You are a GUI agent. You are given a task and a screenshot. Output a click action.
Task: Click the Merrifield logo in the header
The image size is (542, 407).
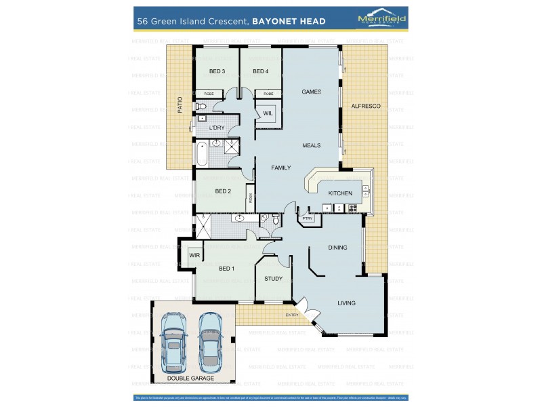[x=381, y=20]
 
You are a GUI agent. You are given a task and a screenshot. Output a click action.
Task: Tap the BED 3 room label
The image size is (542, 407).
[x=217, y=71]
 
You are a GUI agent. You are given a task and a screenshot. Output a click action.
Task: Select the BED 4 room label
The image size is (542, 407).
[x=261, y=71]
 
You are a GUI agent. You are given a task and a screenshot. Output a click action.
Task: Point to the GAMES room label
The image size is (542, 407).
[x=311, y=92]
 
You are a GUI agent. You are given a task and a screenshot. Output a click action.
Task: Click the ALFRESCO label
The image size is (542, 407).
[x=365, y=106]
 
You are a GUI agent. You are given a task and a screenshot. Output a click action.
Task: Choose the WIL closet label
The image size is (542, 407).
[x=268, y=113]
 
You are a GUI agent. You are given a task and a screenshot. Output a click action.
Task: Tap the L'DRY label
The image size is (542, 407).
[x=217, y=128]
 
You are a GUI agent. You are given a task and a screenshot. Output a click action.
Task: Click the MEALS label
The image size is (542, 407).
[x=311, y=145]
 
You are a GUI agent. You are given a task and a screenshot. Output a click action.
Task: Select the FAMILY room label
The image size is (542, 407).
[x=281, y=167]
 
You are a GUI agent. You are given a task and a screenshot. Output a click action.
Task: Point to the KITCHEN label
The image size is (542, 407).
[x=340, y=193]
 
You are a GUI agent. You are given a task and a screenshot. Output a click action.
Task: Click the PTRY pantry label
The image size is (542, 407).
[x=308, y=218]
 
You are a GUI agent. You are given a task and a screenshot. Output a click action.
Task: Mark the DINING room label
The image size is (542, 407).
[x=337, y=248]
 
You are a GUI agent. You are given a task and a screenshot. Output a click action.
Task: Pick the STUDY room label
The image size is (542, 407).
[x=273, y=278]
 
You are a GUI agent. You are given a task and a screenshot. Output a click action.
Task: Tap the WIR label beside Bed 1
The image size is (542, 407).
[x=194, y=256]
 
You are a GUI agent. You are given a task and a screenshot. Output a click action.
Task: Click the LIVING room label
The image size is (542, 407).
[x=346, y=303]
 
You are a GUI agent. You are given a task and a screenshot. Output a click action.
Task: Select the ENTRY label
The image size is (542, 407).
[x=292, y=315]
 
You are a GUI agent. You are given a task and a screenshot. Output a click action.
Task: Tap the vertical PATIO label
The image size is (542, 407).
[x=180, y=104]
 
